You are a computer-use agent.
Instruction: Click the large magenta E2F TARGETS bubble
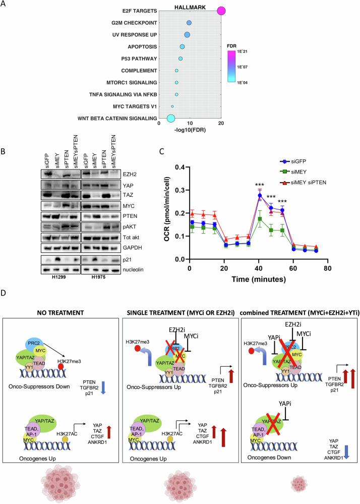220,11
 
